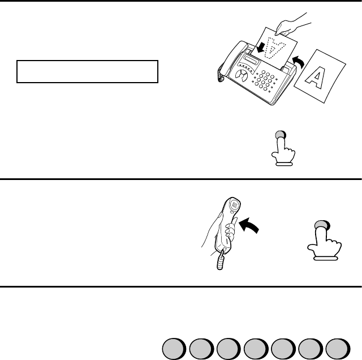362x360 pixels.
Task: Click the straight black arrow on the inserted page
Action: [261, 48]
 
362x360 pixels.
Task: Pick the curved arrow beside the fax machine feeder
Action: [299, 61]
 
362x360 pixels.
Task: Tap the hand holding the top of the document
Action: [291, 25]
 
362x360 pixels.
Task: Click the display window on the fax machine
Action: [252, 60]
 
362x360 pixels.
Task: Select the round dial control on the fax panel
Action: [242, 75]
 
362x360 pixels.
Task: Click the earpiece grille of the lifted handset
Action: [234, 205]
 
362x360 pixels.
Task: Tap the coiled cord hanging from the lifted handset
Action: [221, 261]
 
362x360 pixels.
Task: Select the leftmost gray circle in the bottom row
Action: [174, 349]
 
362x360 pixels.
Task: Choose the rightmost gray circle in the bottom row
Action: [338, 349]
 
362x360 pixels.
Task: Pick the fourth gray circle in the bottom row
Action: [256, 349]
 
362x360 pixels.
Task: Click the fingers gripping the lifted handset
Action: [230, 230]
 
